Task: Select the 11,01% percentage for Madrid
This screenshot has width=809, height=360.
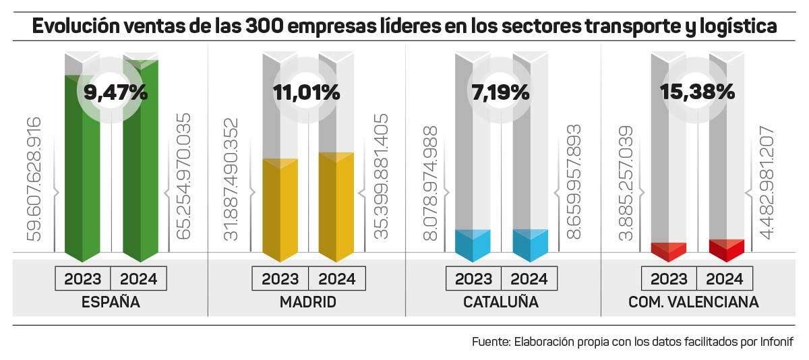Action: pos(306,92)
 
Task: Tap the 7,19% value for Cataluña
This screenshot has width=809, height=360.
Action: pos(500,92)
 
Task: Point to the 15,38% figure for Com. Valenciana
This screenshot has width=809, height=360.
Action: pos(697,92)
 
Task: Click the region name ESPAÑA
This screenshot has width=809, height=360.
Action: pos(111,302)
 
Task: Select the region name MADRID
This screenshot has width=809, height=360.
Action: pos(307,302)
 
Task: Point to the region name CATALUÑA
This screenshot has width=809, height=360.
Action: pos(500,302)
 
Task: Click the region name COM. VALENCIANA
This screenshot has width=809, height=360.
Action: pos(693,302)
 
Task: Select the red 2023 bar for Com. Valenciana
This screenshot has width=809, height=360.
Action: pos(668,251)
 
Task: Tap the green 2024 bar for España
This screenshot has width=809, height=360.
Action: pos(140,162)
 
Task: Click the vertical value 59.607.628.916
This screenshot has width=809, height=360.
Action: pos(34,179)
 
